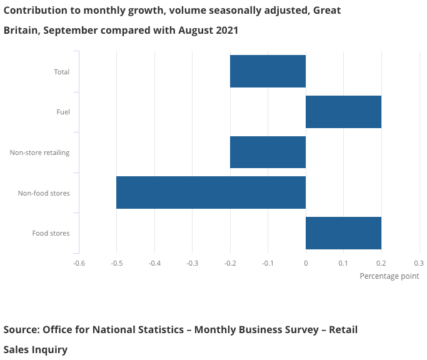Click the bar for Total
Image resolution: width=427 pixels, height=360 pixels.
268,71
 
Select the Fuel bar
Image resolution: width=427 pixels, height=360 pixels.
343,112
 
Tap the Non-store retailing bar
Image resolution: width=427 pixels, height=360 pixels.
268,152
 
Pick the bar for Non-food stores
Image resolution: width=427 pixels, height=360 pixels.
211,192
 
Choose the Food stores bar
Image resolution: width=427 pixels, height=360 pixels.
343,233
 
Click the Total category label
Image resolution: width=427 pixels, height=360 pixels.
61,72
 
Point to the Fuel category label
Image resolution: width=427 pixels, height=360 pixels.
63,112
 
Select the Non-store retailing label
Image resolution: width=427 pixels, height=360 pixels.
39,152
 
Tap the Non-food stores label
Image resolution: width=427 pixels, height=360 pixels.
44,193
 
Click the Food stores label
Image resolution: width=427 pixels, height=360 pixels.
51,234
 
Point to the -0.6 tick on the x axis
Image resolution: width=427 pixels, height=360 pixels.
79,263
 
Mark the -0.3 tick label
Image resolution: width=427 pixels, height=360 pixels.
192,263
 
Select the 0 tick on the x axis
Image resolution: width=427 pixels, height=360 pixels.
306,263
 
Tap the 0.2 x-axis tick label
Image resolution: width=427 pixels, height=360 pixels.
381,263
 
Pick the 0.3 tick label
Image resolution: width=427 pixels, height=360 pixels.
419,263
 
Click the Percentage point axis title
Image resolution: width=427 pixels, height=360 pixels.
389,276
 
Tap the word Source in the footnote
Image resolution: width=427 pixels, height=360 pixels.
21,329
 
